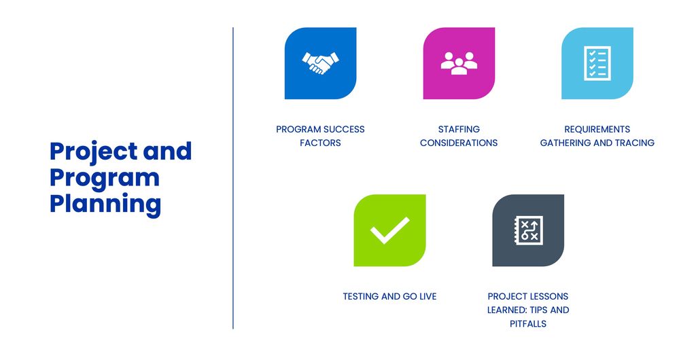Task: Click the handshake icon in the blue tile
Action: tap(320, 63)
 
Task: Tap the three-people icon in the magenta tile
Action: tap(459, 63)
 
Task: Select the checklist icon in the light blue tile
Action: tap(597, 63)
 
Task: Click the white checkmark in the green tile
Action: tap(389, 230)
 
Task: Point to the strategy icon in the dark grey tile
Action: tap(528, 230)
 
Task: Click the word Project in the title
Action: tap(94, 152)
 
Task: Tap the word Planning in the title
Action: tap(105, 204)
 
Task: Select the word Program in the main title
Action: tap(105, 178)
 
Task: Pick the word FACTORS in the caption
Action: tap(320, 143)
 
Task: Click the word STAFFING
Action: tap(459, 129)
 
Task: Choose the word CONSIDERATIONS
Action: tap(459, 143)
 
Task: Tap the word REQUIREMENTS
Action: tap(597, 129)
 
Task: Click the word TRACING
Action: tap(637, 143)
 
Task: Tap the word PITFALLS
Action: tap(528, 323)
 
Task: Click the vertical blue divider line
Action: tap(233, 178)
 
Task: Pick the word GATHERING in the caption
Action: tap(563, 143)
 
